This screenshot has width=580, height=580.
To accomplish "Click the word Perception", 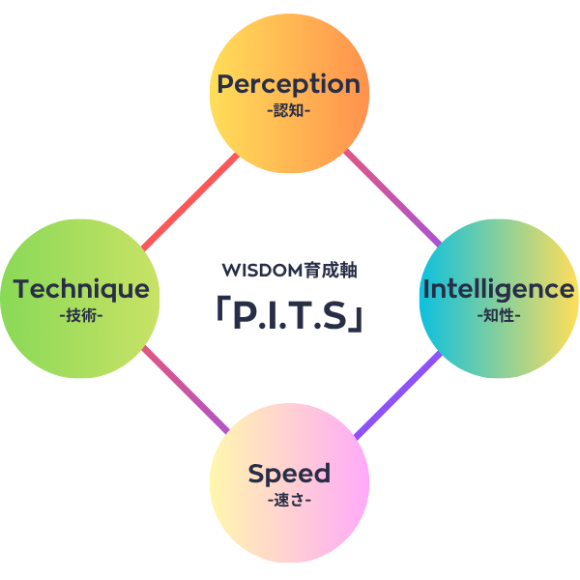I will click(x=288, y=84).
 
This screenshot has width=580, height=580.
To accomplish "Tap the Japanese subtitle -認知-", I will click(x=288, y=110).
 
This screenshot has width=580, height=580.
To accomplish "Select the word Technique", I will click(x=81, y=289).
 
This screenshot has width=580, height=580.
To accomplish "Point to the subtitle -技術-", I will click(x=81, y=315).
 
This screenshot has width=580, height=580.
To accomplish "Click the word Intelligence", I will click(x=499, y=289).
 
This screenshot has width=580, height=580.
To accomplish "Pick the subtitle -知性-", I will click(x=499, y=315).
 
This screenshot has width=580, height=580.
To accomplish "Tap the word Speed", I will click(x=289, y=474).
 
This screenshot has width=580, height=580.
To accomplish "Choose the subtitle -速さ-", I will click(x=289, y=500).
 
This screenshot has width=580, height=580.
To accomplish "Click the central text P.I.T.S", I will click(x=289, y=315).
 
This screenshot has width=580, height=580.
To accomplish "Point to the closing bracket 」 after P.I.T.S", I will click(x=358, y=319).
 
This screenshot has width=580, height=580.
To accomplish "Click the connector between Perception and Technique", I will click(x=189, y=200).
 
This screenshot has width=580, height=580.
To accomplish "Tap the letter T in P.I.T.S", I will click(x=300, y=315).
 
